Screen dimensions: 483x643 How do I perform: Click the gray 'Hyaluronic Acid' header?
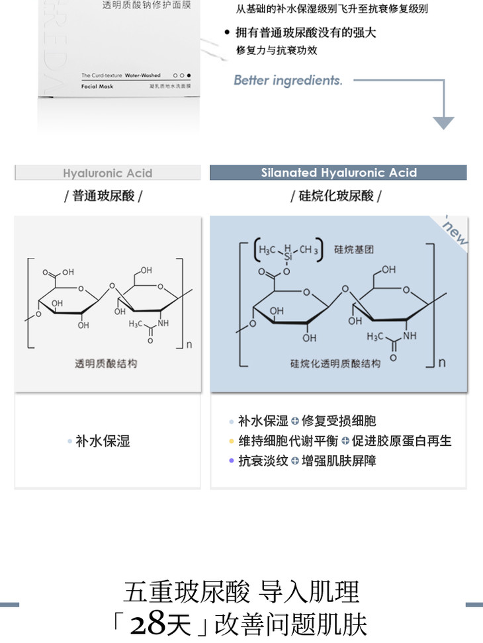pos(107,173)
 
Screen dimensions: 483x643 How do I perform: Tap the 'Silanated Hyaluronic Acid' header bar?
pos(338,173)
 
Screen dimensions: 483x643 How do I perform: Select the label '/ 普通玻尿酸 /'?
pos(103,196)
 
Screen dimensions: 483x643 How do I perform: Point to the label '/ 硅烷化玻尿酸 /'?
pos(336,196)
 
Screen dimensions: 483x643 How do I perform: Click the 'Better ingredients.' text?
pos(288,81)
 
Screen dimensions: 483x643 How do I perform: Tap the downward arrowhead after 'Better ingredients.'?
pos(443,122)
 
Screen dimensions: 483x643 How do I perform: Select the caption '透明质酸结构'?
pos(106,364)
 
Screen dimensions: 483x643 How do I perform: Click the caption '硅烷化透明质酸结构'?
pos(335,364)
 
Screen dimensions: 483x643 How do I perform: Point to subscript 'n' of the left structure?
pos(189,344)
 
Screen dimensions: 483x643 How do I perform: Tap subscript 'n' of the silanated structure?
pos(442,362)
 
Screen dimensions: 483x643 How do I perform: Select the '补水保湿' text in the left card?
pos(103,441)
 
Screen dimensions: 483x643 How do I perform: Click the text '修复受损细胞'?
pos(339,421)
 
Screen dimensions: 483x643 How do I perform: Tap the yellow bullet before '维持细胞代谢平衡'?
pos(231,441)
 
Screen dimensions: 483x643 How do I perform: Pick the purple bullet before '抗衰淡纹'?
pos(231,461)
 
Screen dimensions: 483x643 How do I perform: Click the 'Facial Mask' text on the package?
pos(98,87)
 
